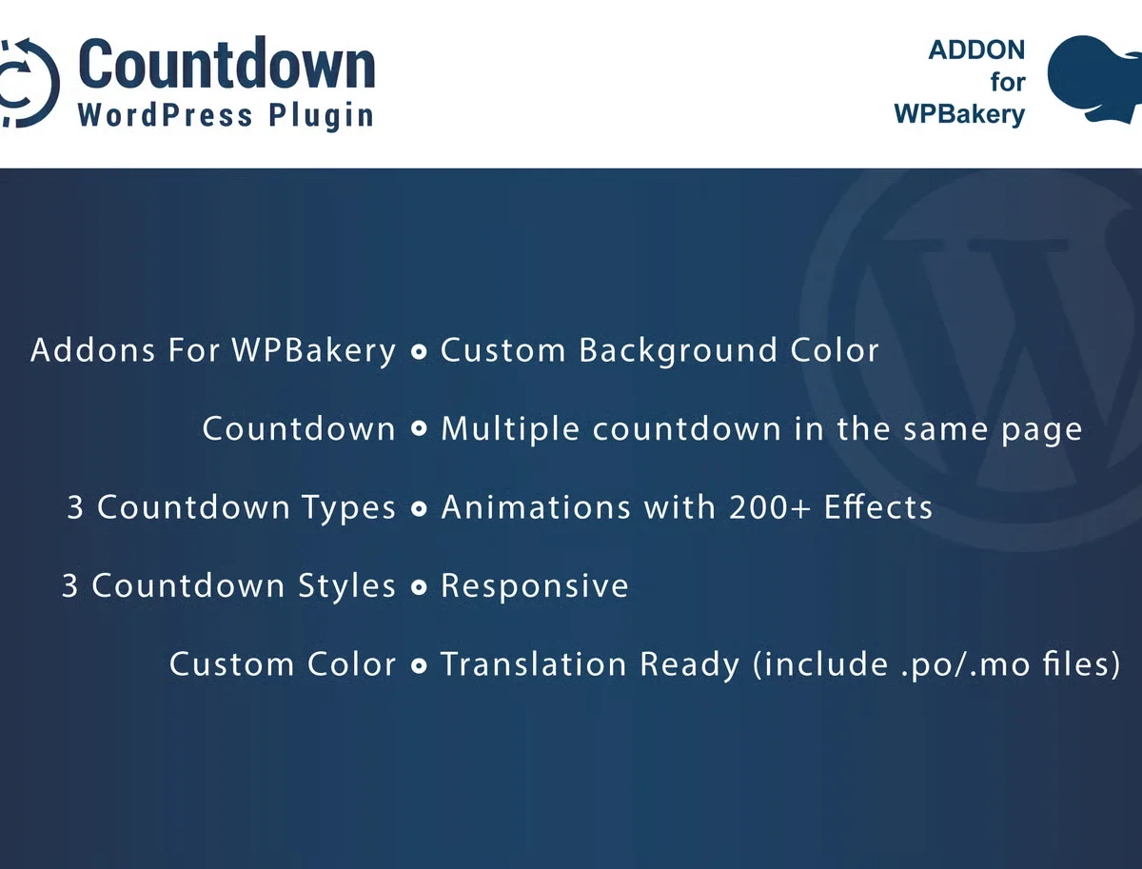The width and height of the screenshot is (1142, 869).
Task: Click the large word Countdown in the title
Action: [x=226, y=67]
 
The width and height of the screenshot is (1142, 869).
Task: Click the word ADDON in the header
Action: [x=976, y=50]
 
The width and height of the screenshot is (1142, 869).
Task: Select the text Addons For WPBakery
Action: [x=213, y=350]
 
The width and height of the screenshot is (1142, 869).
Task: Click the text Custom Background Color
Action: [x=660, y=350]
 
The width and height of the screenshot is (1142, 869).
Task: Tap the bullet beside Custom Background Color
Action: [x=418, y=352]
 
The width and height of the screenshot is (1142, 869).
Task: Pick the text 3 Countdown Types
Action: [x=231, y=507]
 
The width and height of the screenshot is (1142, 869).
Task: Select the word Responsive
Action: [x=535, y=585]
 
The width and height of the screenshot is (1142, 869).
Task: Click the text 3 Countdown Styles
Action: [x=228, y=585]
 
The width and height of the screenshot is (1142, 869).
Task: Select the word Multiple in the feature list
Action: [x=510, y=429]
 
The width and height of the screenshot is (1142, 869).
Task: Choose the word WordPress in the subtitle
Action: [x=166, y=116]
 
